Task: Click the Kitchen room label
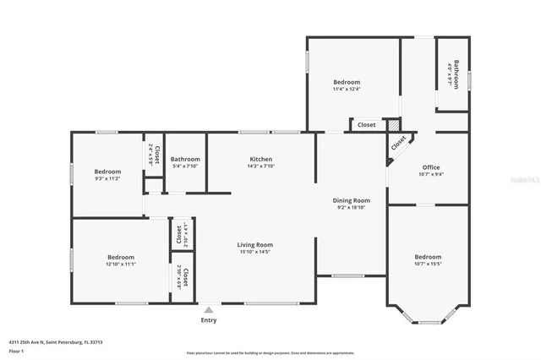[x=260, y=159]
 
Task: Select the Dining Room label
[x=351, y=200]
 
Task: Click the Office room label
[x=431, y=167]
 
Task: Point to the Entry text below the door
[x=209, y=320]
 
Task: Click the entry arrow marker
[x=209, y=308]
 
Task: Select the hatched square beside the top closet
[x=393, y=124]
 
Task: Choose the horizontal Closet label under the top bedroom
[x=366, y=125]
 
